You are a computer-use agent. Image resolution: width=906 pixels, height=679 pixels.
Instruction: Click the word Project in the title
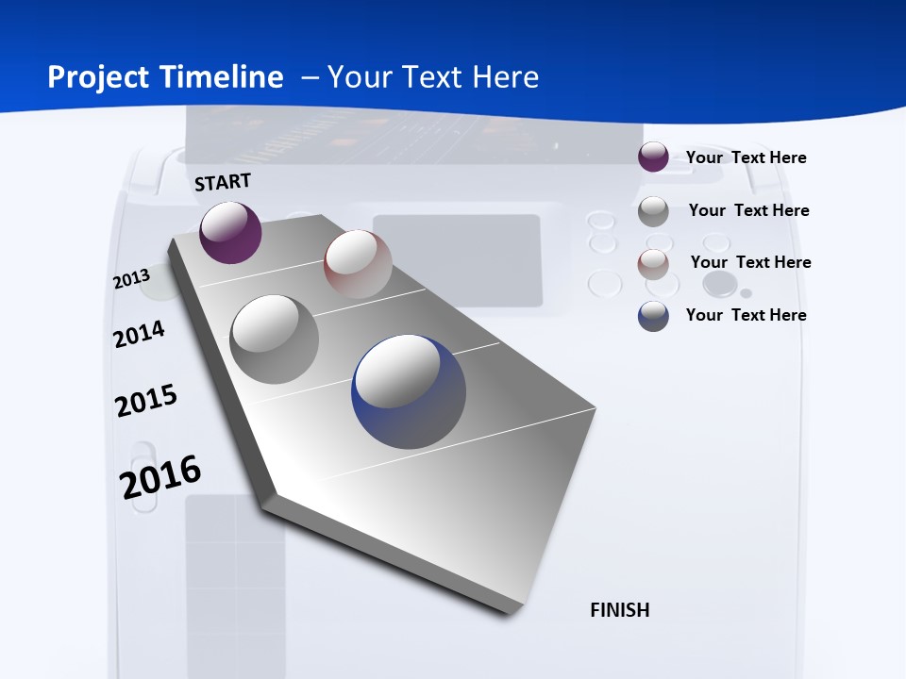click(94, 77)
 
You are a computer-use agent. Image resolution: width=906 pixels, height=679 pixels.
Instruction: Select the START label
click(223, 182)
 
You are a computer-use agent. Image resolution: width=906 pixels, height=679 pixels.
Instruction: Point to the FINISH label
click(620, 610)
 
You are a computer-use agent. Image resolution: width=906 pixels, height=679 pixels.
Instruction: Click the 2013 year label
click(132, 279)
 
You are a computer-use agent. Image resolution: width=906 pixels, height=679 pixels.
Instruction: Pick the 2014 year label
click(140, 334)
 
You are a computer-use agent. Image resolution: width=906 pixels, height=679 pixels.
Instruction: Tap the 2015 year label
click(146, 401)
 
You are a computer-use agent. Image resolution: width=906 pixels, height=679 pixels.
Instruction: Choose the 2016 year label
click(160, 476)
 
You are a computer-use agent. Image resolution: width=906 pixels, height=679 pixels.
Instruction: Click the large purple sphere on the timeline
click(230, 233)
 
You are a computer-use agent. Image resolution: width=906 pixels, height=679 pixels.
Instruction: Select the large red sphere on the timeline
click(358, 264)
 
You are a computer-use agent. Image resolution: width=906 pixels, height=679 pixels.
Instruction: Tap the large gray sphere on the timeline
click(275, 339)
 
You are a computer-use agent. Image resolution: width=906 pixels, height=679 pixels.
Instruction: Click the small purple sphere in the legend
click(653, 157)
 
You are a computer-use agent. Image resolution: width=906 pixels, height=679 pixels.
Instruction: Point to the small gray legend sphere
click(653, 211)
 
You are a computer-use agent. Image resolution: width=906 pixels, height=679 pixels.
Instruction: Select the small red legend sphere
click(653, 264)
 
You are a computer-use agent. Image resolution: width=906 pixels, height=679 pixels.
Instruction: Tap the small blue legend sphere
click(653, 316)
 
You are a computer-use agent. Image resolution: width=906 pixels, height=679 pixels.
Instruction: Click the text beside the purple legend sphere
click(746, 157)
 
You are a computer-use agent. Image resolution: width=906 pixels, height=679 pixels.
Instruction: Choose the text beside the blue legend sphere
click(746, 315)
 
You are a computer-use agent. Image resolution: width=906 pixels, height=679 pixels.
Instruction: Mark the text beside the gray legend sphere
click(748, 210)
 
